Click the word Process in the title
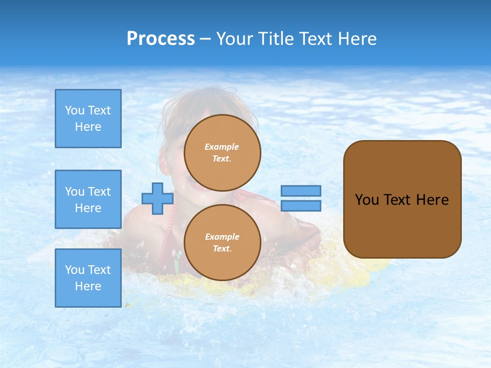click(161, 39)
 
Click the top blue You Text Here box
click(88, 119)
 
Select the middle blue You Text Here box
click(88, 199)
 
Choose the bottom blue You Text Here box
click(88, 278)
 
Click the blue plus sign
click(158, 198)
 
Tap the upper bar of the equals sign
click(301, 191)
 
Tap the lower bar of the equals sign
click(301, 206)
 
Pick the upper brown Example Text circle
click(222, 153)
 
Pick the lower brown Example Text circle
click(222, 243)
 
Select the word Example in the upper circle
click(222, 147)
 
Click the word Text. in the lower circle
click(222, 249)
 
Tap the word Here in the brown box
click(432, 200)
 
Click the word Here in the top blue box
click(88, 127)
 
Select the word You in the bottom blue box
click(75, 270)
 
